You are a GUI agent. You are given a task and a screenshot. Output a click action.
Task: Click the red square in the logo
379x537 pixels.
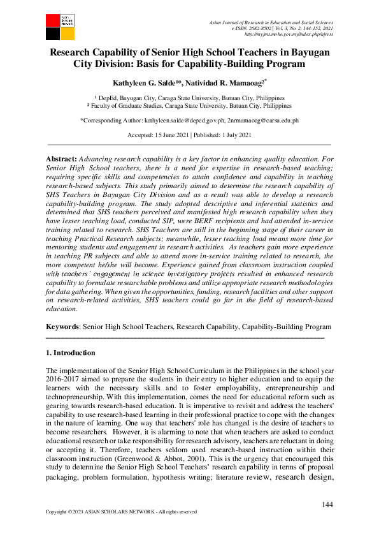pyautogui.click(x=53, y=19)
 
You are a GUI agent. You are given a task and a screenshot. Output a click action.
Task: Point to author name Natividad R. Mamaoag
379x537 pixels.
pyautogui.click(x=228, y=83)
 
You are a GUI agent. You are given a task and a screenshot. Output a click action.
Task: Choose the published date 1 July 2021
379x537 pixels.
pyautogui.click(x=231, y=135)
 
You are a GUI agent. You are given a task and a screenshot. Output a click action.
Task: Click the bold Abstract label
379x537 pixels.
pyautogui.click(x=61, y=158)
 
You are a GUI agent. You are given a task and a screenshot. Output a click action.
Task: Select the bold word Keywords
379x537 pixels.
pyautogui.click(x=65, y=327)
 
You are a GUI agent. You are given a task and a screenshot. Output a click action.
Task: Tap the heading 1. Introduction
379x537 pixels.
pyautogui.click(x=71, y=353)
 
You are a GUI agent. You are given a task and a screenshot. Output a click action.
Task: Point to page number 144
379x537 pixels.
pyautogui.click(x=327, y=505)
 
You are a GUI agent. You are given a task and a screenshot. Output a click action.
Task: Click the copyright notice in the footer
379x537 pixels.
pyautogui.click(x=122, y=511)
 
